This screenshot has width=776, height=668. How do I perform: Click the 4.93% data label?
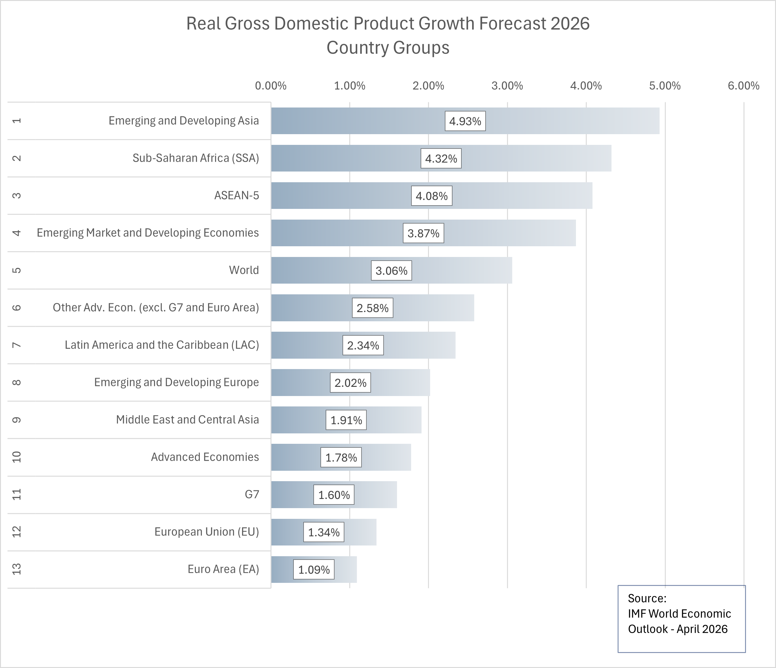point(465,121)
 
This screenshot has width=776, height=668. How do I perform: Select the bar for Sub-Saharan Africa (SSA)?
point(524,158)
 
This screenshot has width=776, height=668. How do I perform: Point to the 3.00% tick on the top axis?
point(507,86)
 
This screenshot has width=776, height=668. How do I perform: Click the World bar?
point(449,270)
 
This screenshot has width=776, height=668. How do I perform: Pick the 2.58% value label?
point(372,308)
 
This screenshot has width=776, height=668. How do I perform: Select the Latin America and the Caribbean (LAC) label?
point(162,345)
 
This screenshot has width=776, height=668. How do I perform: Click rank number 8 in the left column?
point(17,382)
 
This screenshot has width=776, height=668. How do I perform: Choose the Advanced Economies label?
point(205,457)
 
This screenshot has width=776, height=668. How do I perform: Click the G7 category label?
point(252,494)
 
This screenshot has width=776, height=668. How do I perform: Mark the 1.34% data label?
point(324,532)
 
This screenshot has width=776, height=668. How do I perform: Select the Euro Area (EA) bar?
point(345,569)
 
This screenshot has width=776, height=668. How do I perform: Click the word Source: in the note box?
point(647,598)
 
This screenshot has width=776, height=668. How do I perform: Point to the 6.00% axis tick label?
point(744,86)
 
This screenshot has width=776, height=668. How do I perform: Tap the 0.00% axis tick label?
point(271,86)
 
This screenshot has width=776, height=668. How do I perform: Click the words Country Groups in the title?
point(388,48)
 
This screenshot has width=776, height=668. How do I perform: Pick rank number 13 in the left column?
point(17,569)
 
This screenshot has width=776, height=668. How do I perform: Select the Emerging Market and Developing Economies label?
point(148,233)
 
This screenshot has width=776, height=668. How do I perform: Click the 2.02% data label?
point(350,383)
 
